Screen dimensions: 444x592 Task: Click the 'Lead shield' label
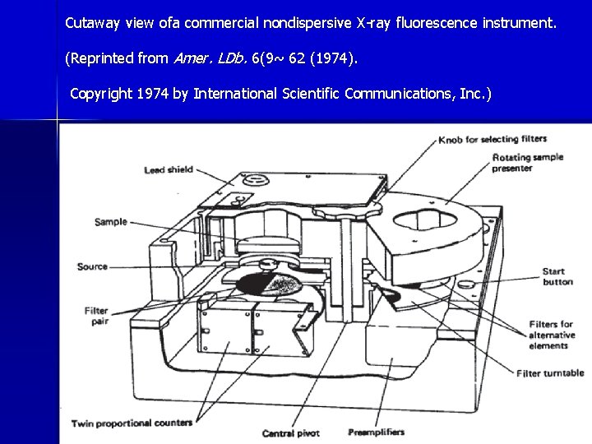point(169,170)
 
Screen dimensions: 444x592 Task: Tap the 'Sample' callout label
point(111,222)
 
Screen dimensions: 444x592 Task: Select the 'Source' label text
point(93,266)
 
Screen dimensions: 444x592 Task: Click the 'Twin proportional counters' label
point(132,423)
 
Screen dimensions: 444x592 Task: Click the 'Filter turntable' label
point(550,373)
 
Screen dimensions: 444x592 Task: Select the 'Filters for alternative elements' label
point(551,334)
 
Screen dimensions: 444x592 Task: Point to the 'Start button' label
point(557,276)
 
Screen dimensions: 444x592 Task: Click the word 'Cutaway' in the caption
point(93,23)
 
